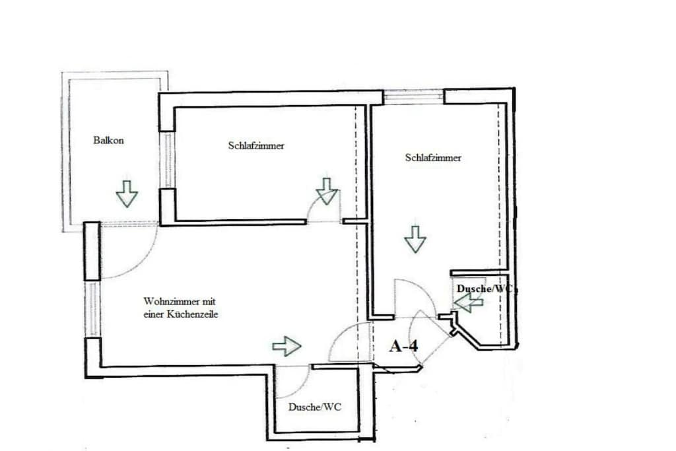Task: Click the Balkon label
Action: tap(108, 140)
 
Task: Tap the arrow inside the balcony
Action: tap(127, 193)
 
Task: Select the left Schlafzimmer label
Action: tap(256, 145)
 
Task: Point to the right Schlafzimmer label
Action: tap(433, 157)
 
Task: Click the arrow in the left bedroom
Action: tap(327, 191)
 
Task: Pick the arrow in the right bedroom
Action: tap(415, 239)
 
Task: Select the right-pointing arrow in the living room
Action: tap(287, 346)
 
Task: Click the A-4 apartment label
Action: tap(403, 345)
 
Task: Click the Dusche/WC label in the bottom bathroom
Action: tap(315, 407)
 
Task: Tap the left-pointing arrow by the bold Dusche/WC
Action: tap(469, 303)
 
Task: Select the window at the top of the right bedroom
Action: tap(413, 96)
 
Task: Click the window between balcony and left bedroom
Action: tap(167, 160)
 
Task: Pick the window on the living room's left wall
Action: tap(92, 310)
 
